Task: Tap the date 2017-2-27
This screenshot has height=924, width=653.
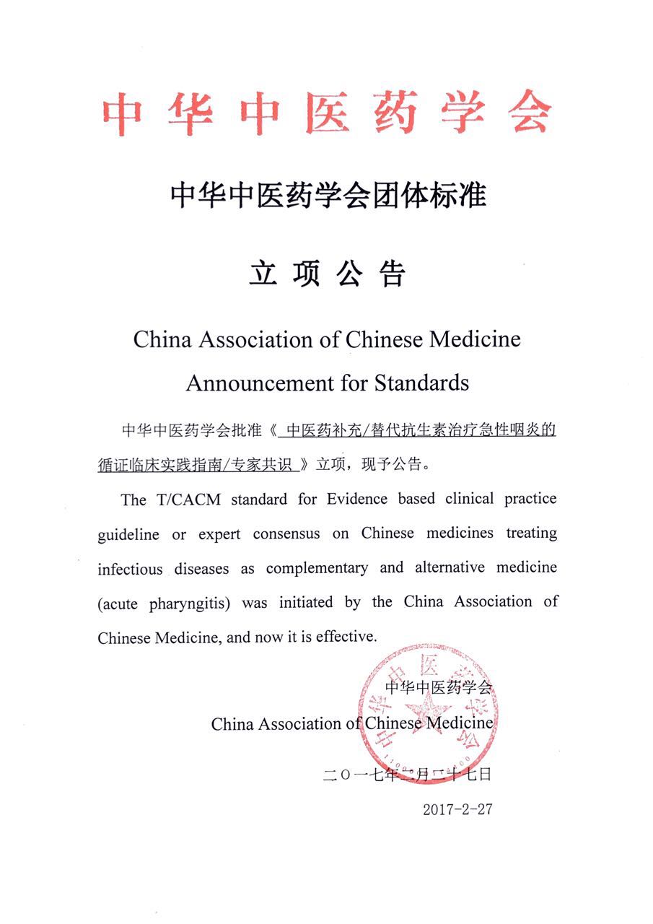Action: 457,808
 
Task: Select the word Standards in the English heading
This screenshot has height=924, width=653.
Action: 421,382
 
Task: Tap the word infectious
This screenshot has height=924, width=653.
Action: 131,569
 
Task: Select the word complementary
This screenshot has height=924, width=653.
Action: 316,568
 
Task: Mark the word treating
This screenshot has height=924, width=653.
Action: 531,534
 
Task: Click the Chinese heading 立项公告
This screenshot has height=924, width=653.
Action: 327,274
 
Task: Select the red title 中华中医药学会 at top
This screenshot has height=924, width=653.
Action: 326,114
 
